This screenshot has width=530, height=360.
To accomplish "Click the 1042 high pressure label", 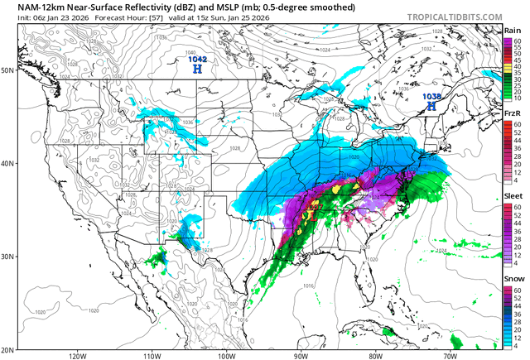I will pos(198,60).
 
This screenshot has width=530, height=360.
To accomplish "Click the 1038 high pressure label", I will pos(431,97).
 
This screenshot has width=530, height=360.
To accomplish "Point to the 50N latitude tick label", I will pos(7,70).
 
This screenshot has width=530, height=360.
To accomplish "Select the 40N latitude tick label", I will pos(7,163).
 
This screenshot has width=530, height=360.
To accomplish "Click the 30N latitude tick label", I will pos(7,256).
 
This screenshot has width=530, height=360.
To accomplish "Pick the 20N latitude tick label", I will pos(7,348).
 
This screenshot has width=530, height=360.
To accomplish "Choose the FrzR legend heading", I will pos(512,113).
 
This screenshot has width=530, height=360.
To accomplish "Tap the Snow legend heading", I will pos(512,279).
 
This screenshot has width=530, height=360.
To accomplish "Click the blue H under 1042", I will pos(197,70).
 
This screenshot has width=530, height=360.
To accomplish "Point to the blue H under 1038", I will pos(431,107).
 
